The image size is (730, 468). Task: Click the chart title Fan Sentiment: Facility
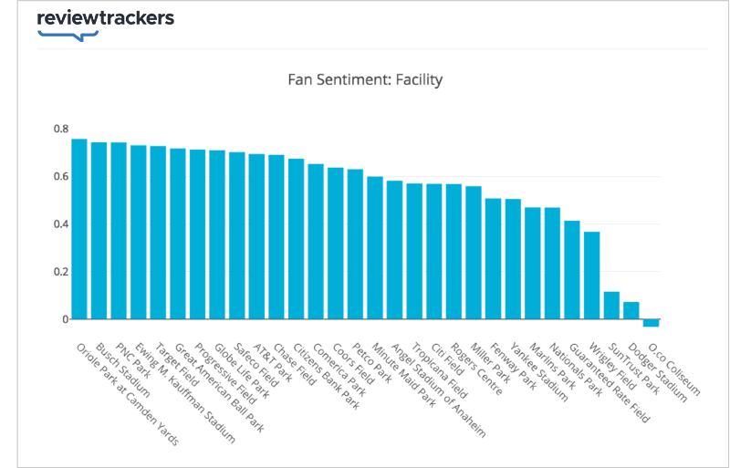(364, 79)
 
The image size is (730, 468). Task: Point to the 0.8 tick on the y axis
(60, 129)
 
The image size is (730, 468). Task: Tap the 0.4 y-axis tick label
(60, 224)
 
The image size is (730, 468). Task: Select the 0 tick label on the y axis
(65, 319)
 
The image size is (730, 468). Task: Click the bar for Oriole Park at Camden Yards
(79, 229)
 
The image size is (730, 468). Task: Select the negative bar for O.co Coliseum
(651, 323)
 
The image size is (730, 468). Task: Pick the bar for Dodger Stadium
(631, 310)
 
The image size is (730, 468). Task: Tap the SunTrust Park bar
(611, 306)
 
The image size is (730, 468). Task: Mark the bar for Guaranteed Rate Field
(572, 270)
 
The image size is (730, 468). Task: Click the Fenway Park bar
(493, 259)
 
